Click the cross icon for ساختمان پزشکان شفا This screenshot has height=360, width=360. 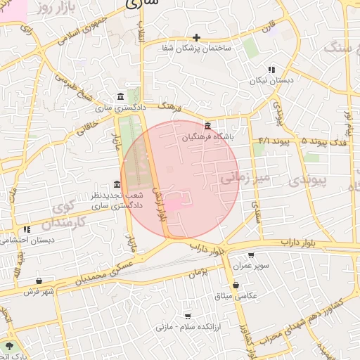(x=197, y=37)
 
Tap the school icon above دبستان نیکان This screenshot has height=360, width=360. (x=271, y=70)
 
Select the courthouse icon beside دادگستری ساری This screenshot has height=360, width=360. (x=122, y=97)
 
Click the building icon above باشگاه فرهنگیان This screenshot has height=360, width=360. (x=207, y=127)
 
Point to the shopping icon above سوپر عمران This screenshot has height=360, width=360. (x=251, y=256)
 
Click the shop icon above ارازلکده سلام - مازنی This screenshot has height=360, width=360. (x=187, y=316)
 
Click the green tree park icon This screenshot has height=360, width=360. (x=9, y=347)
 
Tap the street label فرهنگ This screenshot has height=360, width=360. (x=171, y=107)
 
